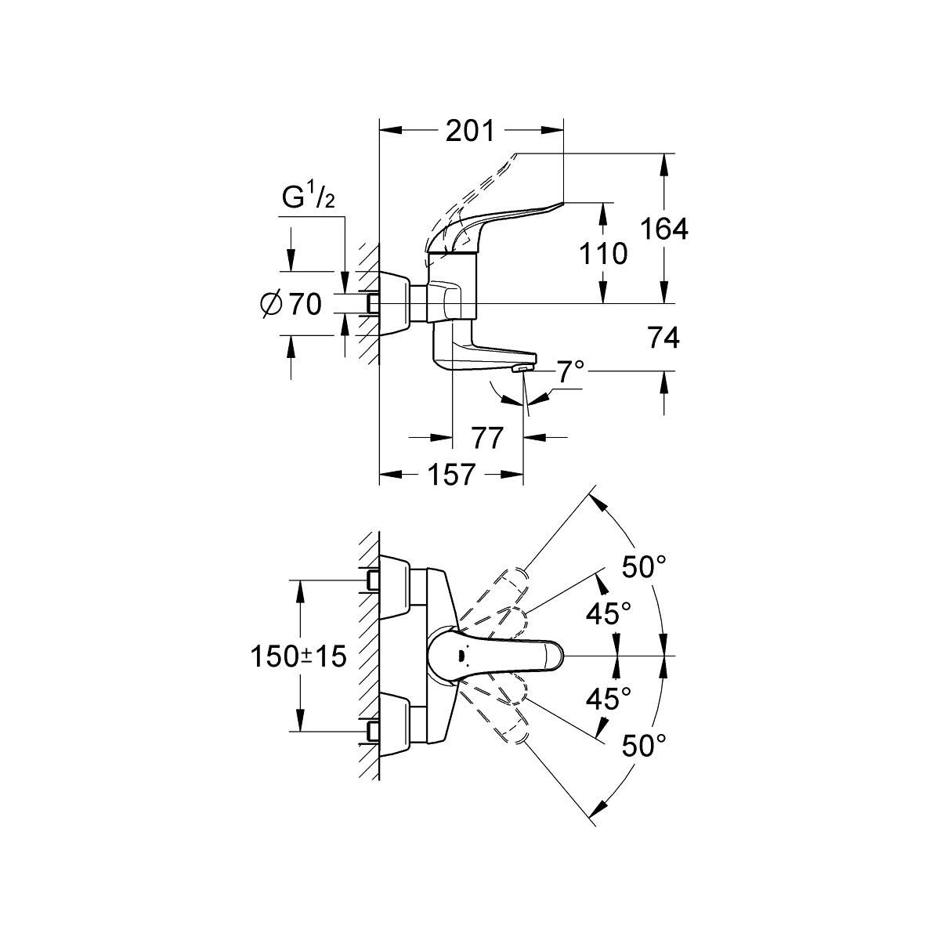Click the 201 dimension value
pos(470,131)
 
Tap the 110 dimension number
pos(604,253)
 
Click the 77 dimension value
pos(486,438)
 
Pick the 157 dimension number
pos(451,474)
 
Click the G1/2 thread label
pos(309,199)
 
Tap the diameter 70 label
pos(290,304)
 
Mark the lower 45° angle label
pos(609,699)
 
